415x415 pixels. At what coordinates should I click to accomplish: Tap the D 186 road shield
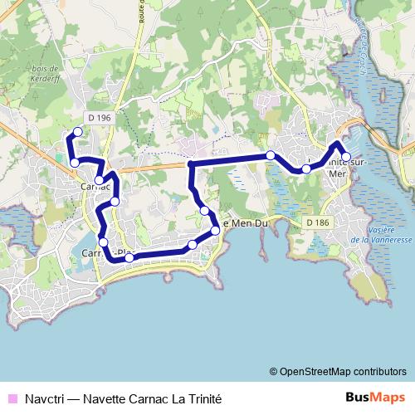point(316,222)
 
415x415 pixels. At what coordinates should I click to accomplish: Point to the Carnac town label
point(94,187)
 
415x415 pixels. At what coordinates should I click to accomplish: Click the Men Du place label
point(247,222)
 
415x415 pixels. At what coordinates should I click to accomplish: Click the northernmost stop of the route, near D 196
point(78,131)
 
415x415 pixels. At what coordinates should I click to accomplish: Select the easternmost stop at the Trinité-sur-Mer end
point(346,156)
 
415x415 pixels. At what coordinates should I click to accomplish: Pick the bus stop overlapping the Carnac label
point(99,179)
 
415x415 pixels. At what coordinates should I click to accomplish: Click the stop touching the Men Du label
point(215,230)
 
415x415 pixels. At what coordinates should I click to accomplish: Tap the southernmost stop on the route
point(129,258)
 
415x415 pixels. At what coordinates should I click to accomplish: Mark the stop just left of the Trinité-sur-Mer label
point(306,168)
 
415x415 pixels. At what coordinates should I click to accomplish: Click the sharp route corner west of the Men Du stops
point(191,164)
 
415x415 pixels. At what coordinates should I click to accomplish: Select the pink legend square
point(11,398)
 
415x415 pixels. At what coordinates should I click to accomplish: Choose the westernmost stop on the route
point(74,162)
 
